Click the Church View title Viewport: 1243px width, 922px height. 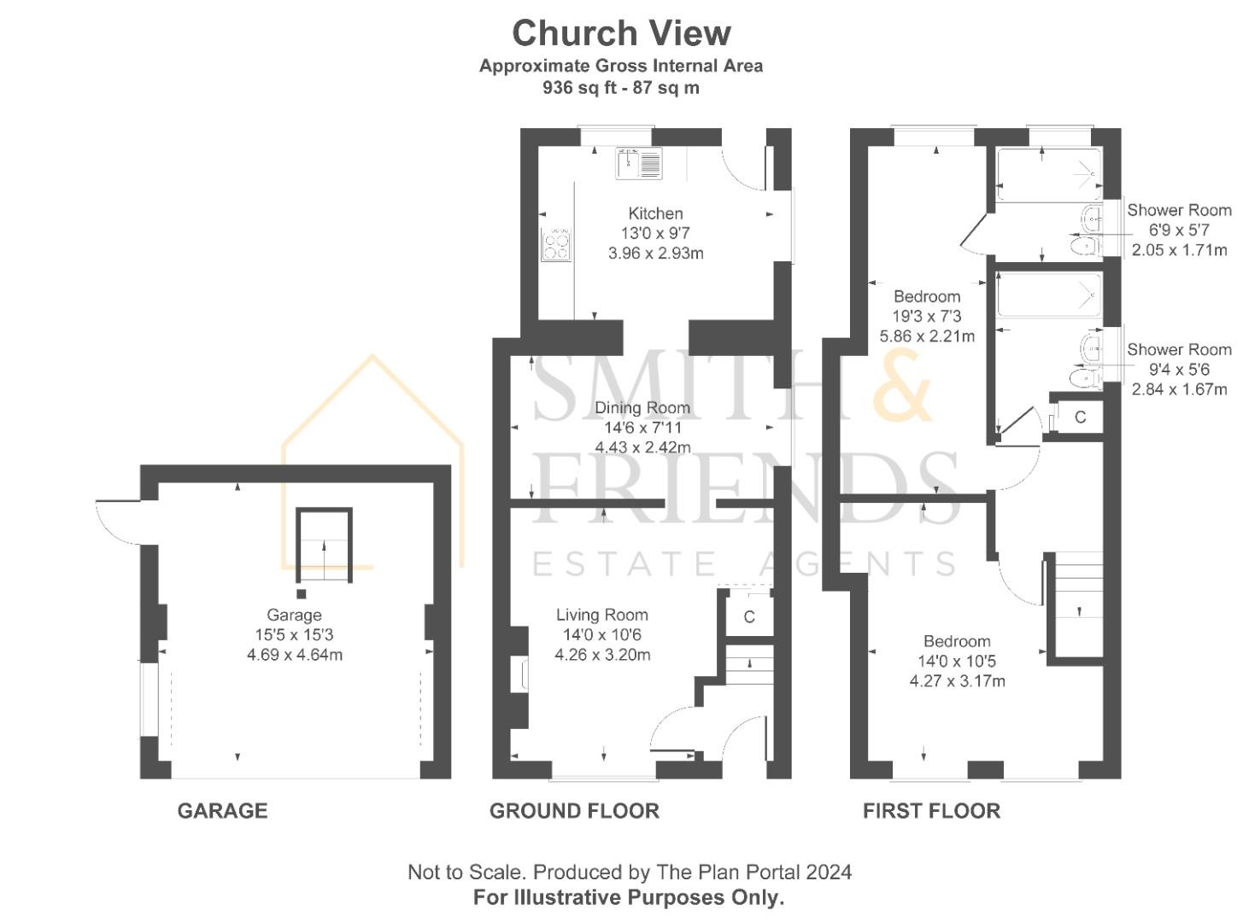tap(621, 33)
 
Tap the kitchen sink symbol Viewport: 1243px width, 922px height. tap(639, 163)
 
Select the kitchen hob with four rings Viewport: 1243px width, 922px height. tap(555, 244)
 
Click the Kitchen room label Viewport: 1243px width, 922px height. tap(655, 213)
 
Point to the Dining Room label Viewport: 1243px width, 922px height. tap(642, 408)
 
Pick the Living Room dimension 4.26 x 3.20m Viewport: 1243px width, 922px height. tap(602, 654)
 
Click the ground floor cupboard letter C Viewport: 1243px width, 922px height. tap(749, 616)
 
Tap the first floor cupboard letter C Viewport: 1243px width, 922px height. tap(1080, 417)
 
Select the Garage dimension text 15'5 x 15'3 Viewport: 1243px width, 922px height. tap(294, 634)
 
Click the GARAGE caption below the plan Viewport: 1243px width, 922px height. tap(222, 810)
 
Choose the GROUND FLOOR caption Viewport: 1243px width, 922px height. tap(574, 810)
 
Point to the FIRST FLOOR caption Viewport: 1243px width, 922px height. tap(931, 810)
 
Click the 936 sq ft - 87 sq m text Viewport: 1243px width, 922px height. tap(621, 88)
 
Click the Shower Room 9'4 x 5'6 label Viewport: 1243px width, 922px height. tap(1179, 369)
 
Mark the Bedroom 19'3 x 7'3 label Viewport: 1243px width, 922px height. tap(927, 316)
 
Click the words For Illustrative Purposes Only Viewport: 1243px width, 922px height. tap(629, 896)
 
